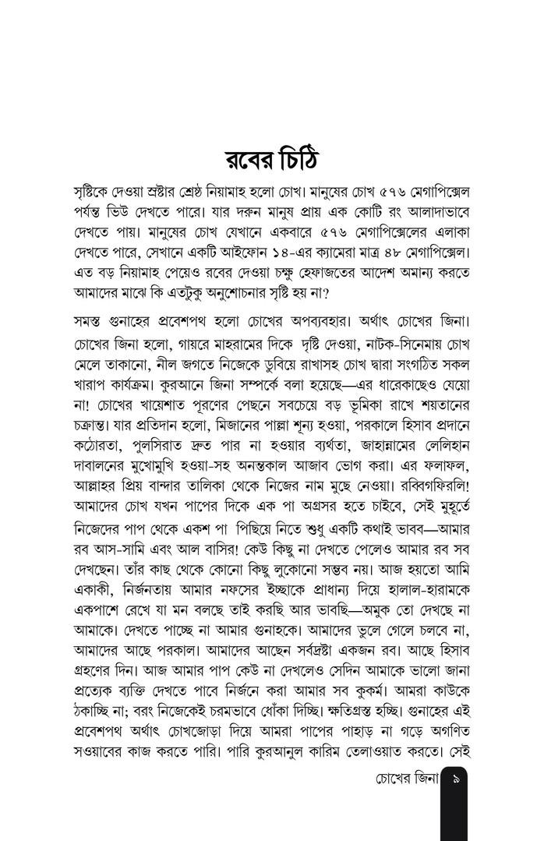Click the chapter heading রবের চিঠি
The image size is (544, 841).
pos(271,161)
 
